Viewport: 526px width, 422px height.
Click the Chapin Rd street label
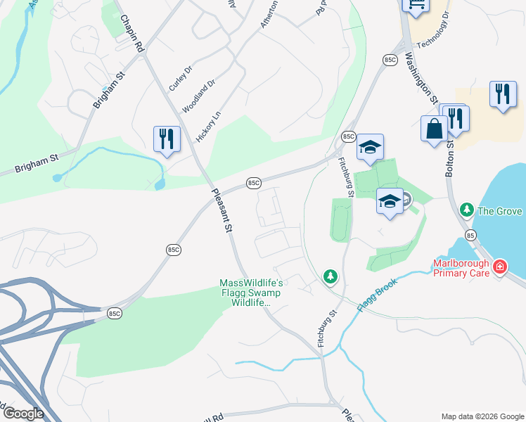[x=131, y=33]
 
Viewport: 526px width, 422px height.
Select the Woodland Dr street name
[x=198, y=96]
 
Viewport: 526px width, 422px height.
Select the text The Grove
[x=500, y=211]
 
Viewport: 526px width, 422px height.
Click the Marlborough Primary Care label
[x=461, y=268]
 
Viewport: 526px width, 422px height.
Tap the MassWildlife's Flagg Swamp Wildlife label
[x=251, y=293]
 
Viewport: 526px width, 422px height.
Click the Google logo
[x=23, y=414]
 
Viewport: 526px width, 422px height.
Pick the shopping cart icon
[x=415, y=6]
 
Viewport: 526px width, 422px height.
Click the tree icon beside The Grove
[x=466, y=211]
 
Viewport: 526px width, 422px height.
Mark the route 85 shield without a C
[x=470, y=234]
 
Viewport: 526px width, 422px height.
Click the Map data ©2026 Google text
[x=482, y=416]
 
